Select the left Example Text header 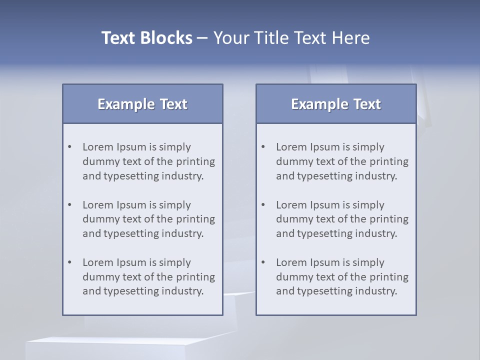tap(142, 104)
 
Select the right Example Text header tap(336, 104)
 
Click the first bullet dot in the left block tap(70, 147)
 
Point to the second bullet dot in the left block tap(70, 205)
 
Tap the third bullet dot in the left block tap(70, 262)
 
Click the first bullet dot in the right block tap(263, 147)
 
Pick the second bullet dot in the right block tap(263, 205)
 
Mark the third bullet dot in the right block tap(263, 262)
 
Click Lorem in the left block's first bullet tap(97, 147)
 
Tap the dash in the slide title tap(202, 38)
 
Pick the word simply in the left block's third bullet tap(175, 262)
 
